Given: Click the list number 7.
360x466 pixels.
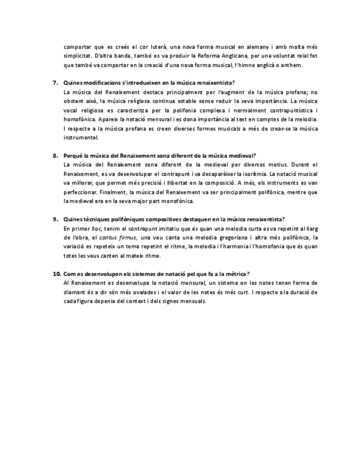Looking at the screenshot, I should [56, 82].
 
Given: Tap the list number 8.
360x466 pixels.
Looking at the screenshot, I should [56, 156].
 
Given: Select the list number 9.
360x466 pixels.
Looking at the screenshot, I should [56, 219].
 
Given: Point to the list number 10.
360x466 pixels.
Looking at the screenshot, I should [57, 273].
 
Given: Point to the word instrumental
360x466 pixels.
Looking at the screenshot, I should [81, 137].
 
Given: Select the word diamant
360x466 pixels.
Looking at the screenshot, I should [76, 292].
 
